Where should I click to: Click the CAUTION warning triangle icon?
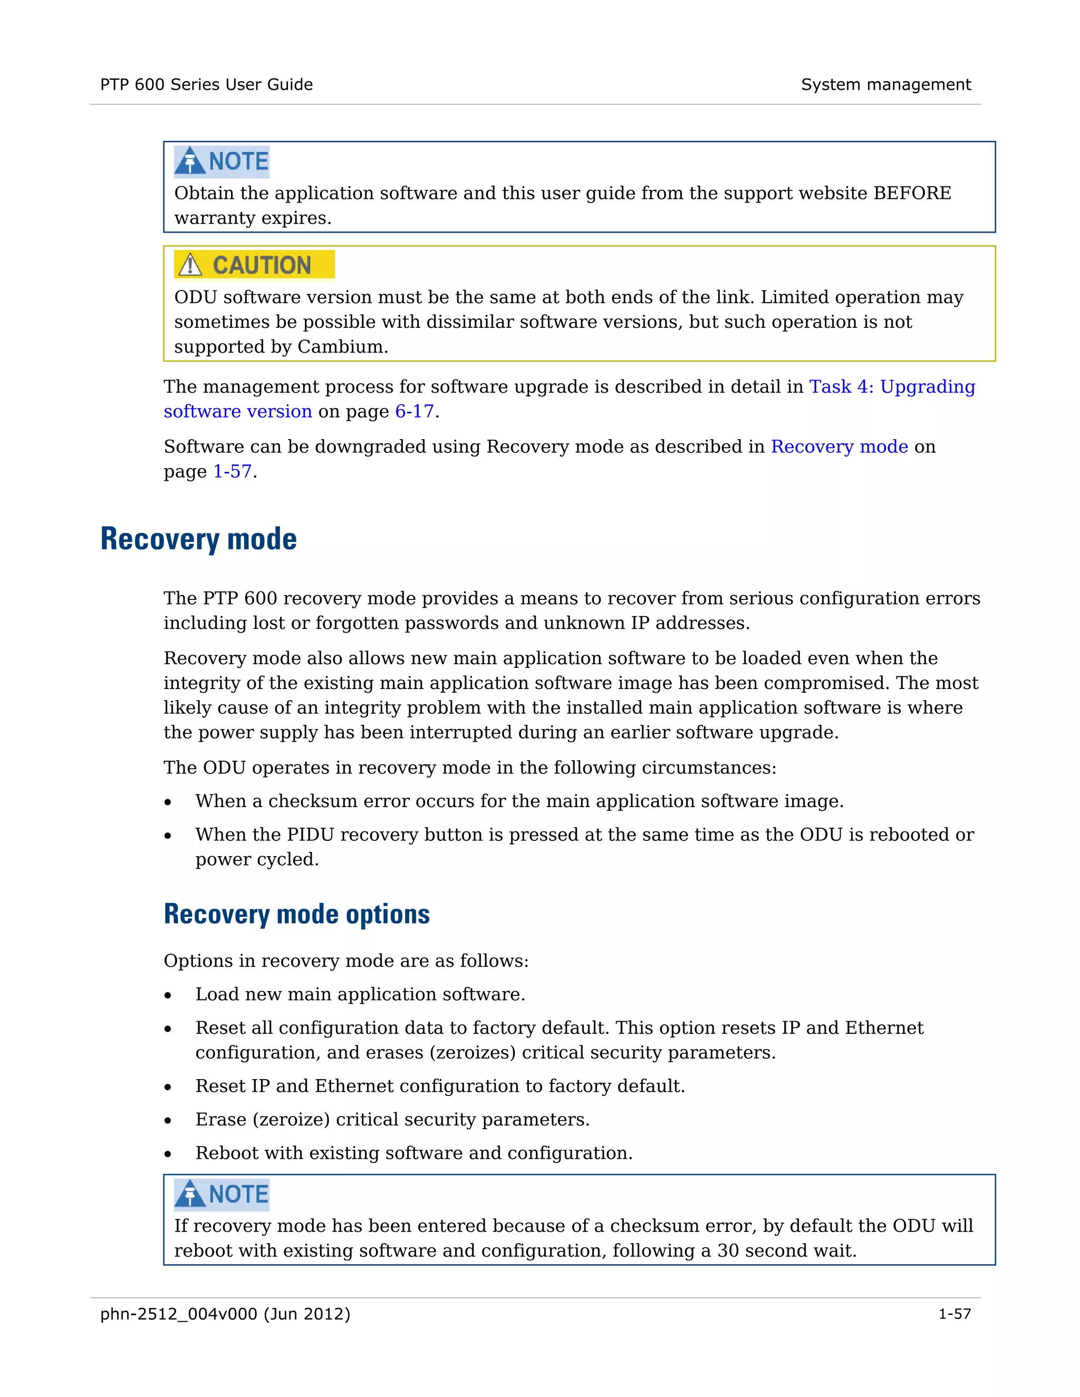point(190,265)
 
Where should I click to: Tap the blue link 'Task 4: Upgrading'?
point(892,387)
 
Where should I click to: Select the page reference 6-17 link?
point(414,411)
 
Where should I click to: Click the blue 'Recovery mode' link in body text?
point(839,447)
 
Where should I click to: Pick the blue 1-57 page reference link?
point(232,471)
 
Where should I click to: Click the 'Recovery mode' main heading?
point(198,539)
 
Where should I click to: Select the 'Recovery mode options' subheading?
point(296,914)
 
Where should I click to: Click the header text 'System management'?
point(885,84)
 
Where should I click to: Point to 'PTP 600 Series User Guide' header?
point(206,84)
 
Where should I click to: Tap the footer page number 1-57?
point(954,1314)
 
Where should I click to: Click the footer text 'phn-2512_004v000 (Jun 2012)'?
point(225,1314)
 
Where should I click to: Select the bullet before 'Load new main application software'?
point(168,996)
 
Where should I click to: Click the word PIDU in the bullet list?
point(310,835)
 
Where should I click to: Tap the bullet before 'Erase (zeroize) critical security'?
point(168,1121)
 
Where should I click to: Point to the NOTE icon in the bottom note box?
point(190,1194)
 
